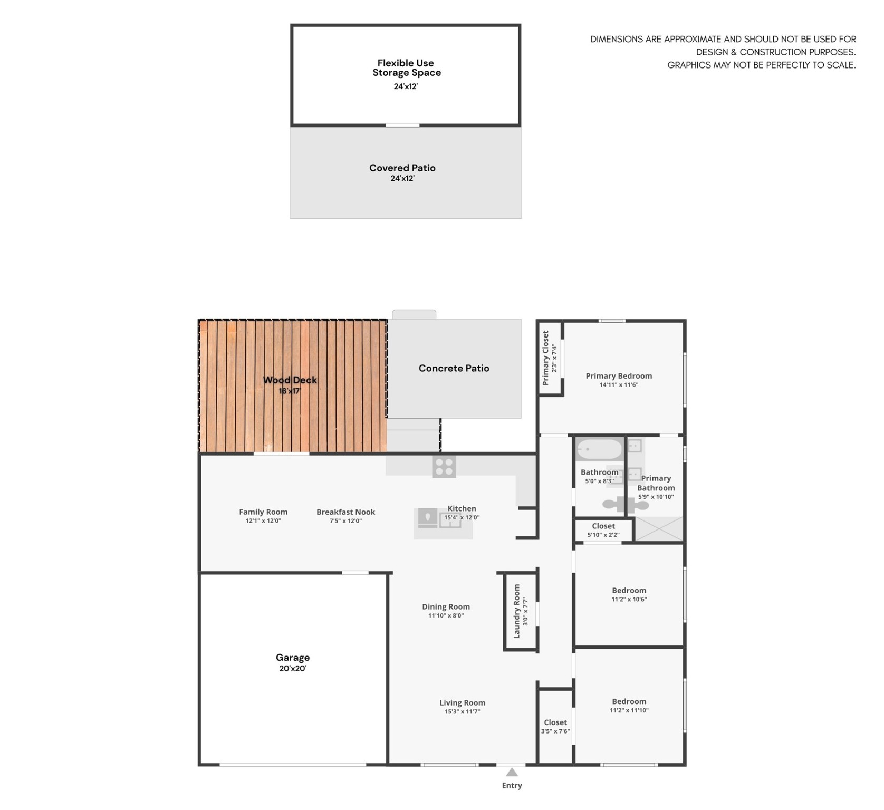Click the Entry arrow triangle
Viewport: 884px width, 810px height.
[x=512, y=773]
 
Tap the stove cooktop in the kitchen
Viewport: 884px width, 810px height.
[x=444, y=467]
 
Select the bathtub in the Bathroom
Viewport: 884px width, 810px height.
[x=600, y=450]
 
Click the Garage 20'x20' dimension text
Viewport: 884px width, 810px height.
[x=293, y=668]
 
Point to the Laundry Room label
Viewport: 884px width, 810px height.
[x=517, y=611]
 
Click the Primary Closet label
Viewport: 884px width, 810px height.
[x=545, y=358]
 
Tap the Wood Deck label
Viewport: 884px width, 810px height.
[x=290, y=380]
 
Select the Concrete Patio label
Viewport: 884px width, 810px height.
[x=454, y=368]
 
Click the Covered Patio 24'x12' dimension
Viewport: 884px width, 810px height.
[x=402, y=178]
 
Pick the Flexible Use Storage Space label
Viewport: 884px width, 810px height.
[x=406, y=67]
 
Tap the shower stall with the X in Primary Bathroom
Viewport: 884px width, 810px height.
[x=659, y=528]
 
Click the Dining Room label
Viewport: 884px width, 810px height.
[x=446, y=606]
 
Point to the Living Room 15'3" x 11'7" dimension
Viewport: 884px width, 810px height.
[x=462, y=711]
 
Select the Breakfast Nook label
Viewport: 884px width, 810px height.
[x=345, y=512]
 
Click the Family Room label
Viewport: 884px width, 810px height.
[x=263, y=512]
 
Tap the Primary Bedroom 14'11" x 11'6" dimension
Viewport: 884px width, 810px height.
[x=619, y=384]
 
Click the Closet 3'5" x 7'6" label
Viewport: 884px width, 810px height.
[x=555, y=722]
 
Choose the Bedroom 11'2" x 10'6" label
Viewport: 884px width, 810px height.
[x=629, y=590]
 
